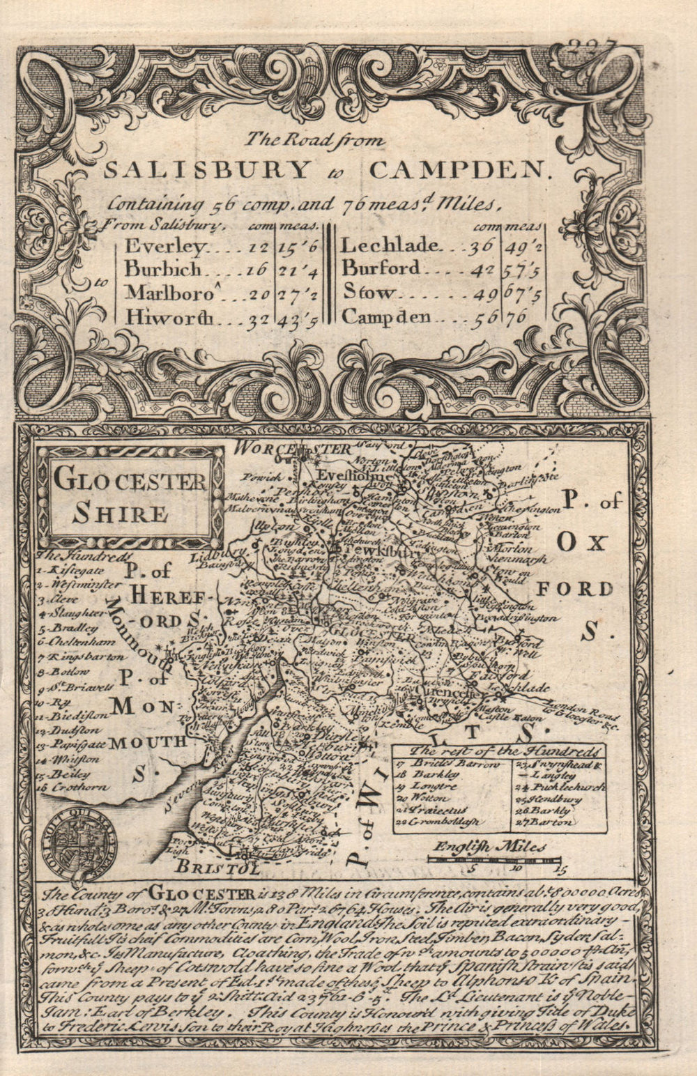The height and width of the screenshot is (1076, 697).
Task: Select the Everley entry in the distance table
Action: (165, 247)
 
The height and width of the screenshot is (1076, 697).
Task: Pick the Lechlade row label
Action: (390, 245)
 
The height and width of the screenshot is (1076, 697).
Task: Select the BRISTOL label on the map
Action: (217, 868)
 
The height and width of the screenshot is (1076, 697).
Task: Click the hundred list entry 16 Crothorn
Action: (73, 787)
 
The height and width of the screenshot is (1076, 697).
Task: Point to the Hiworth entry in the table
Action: (169, 317)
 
